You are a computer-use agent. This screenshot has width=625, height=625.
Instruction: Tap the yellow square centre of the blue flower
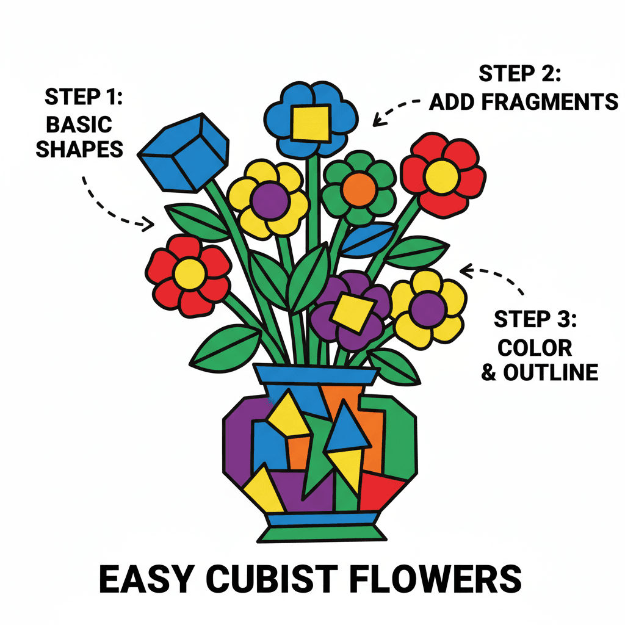point(311,122)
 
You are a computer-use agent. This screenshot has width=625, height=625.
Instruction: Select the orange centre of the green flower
point(358,189)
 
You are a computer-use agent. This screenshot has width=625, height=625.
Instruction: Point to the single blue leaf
point(369,239)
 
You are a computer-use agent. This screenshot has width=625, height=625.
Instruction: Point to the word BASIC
point(79,125)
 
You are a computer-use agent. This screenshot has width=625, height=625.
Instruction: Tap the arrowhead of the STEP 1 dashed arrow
point(148,225)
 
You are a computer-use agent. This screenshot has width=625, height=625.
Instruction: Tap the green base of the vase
point(321,533)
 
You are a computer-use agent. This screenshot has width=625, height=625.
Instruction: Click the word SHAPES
point(79,149)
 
